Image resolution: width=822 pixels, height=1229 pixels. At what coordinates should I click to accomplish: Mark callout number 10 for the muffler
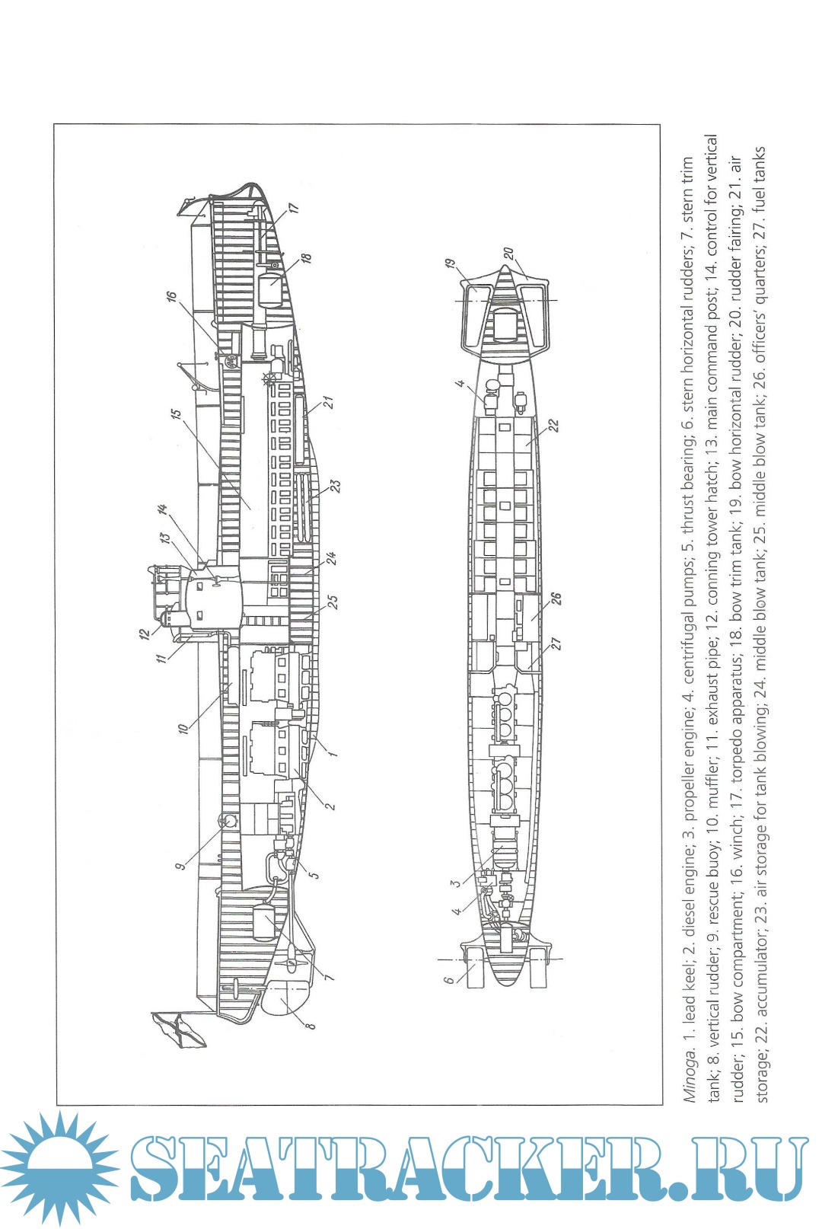183,728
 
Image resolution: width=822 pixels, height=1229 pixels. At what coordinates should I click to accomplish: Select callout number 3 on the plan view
455,883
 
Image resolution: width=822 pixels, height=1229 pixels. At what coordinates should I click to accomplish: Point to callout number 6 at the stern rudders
450,979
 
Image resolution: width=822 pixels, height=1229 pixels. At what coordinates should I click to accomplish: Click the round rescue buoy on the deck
228,820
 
